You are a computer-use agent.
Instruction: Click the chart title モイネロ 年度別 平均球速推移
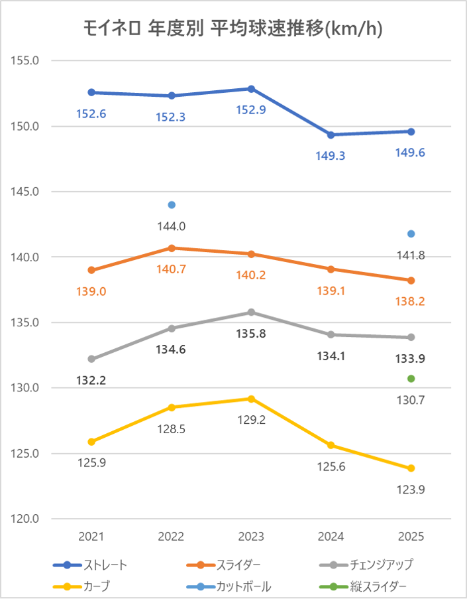(233, 29)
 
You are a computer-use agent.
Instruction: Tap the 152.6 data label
(91, 113)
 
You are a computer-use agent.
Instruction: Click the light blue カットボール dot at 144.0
(172, 204)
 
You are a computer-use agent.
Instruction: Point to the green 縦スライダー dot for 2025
(411, 379)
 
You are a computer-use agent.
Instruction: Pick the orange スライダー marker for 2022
(172, 248)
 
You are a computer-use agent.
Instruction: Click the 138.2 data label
(411, 301)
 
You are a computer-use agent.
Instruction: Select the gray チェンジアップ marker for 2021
(91, 359)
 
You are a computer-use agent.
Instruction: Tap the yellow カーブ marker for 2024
(331, 445)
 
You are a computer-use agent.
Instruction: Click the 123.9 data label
(411, 490)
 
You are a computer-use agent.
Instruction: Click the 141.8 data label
(411, 255)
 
